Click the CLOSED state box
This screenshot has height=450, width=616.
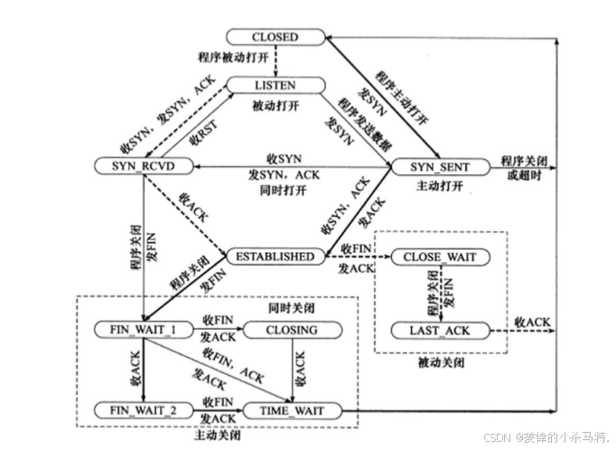click(275, 37)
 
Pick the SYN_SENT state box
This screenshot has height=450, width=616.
click(435, 166)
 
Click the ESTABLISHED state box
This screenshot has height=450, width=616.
click(275, 257)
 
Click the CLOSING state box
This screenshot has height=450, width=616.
click(291, 330)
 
